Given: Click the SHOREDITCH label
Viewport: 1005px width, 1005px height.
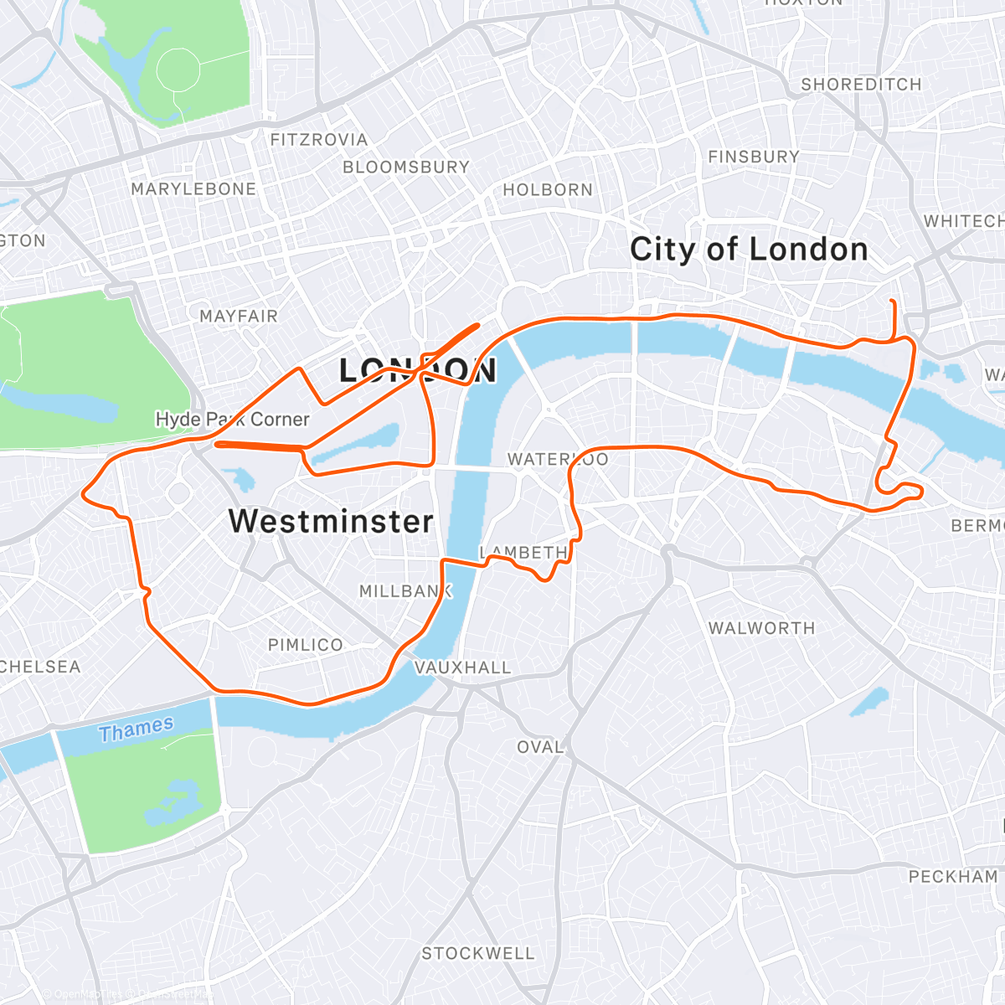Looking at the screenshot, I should click(861, 85).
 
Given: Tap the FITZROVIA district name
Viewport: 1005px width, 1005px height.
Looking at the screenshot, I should click(319, 140).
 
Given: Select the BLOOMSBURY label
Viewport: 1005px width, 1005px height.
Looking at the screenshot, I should click(406, 167).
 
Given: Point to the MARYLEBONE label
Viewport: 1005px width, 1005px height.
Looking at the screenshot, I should click(193, 189).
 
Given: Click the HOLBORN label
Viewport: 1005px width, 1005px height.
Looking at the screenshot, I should click(548, 190).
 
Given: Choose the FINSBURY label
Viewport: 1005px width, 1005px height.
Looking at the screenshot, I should click(754, 157).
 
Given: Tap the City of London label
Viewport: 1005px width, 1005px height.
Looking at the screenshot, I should click(749, 250).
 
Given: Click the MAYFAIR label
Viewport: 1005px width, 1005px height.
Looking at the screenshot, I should click(239, 316).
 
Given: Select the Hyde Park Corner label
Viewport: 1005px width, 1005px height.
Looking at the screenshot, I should click(233, 419).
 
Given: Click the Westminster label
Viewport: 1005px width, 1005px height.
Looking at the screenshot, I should click(332, 521).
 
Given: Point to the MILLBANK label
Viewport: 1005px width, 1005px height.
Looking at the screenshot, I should click(405, 591).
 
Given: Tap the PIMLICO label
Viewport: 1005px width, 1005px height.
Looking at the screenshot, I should click(306, 645).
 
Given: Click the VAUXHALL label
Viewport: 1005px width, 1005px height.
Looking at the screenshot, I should click(463, 667).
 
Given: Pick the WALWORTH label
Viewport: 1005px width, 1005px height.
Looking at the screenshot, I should click(761, 628).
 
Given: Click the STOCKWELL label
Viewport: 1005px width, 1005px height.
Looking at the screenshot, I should click(477, 953).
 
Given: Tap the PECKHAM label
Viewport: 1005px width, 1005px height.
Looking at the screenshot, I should click(953, 877).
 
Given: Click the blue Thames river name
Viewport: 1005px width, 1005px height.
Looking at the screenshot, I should click(137, 729).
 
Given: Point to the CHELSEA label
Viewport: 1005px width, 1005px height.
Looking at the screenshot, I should click(40, 667).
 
